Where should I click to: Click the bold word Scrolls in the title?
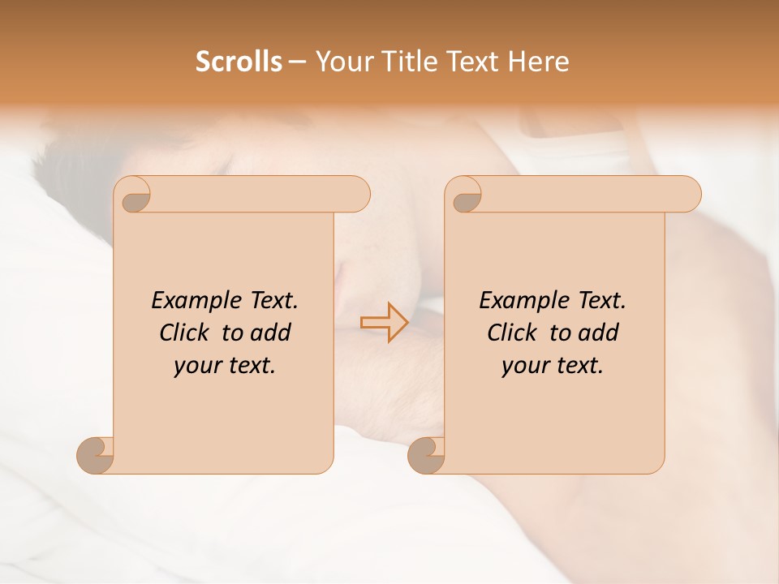[x=239, y=62]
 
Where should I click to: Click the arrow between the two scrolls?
[x=385, y=322]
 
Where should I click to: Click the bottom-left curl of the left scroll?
[x=96, y=456]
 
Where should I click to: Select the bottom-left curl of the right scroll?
[x=426, y=456]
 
